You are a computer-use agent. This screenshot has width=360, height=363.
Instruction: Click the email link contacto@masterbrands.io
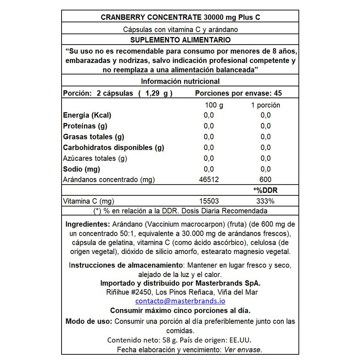point(180,301)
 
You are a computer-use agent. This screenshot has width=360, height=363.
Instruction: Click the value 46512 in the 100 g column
point(209,180)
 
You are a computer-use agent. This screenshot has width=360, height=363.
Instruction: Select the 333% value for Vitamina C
point(266,201)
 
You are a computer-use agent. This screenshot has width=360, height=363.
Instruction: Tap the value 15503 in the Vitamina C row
point(209,201)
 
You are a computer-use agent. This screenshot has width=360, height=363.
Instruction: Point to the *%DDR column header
point(266,190)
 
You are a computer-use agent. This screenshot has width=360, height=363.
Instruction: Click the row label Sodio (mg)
point(82,169)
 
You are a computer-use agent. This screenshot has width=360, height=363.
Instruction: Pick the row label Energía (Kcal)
point(87,115)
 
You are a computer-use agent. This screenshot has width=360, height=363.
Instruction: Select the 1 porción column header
point(266,105)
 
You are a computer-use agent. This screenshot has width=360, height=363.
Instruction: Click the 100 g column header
point(214,105)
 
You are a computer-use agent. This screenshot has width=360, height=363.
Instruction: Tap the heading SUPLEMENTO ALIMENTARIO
point(180,40)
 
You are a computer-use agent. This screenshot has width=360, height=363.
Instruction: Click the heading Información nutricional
point(180,82)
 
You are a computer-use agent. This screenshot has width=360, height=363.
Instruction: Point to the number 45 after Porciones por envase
point(278,93)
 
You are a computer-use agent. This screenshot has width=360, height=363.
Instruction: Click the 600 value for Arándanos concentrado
point(266,180)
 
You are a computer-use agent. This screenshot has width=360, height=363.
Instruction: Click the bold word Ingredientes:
point(87,224)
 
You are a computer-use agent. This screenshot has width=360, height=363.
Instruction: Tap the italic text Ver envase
point(243,350)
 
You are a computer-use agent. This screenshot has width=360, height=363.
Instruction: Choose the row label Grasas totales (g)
point(93,137)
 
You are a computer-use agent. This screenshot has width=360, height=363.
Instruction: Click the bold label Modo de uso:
point(89,321)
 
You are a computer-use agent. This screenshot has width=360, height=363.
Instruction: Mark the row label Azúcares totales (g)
point(95,158)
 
